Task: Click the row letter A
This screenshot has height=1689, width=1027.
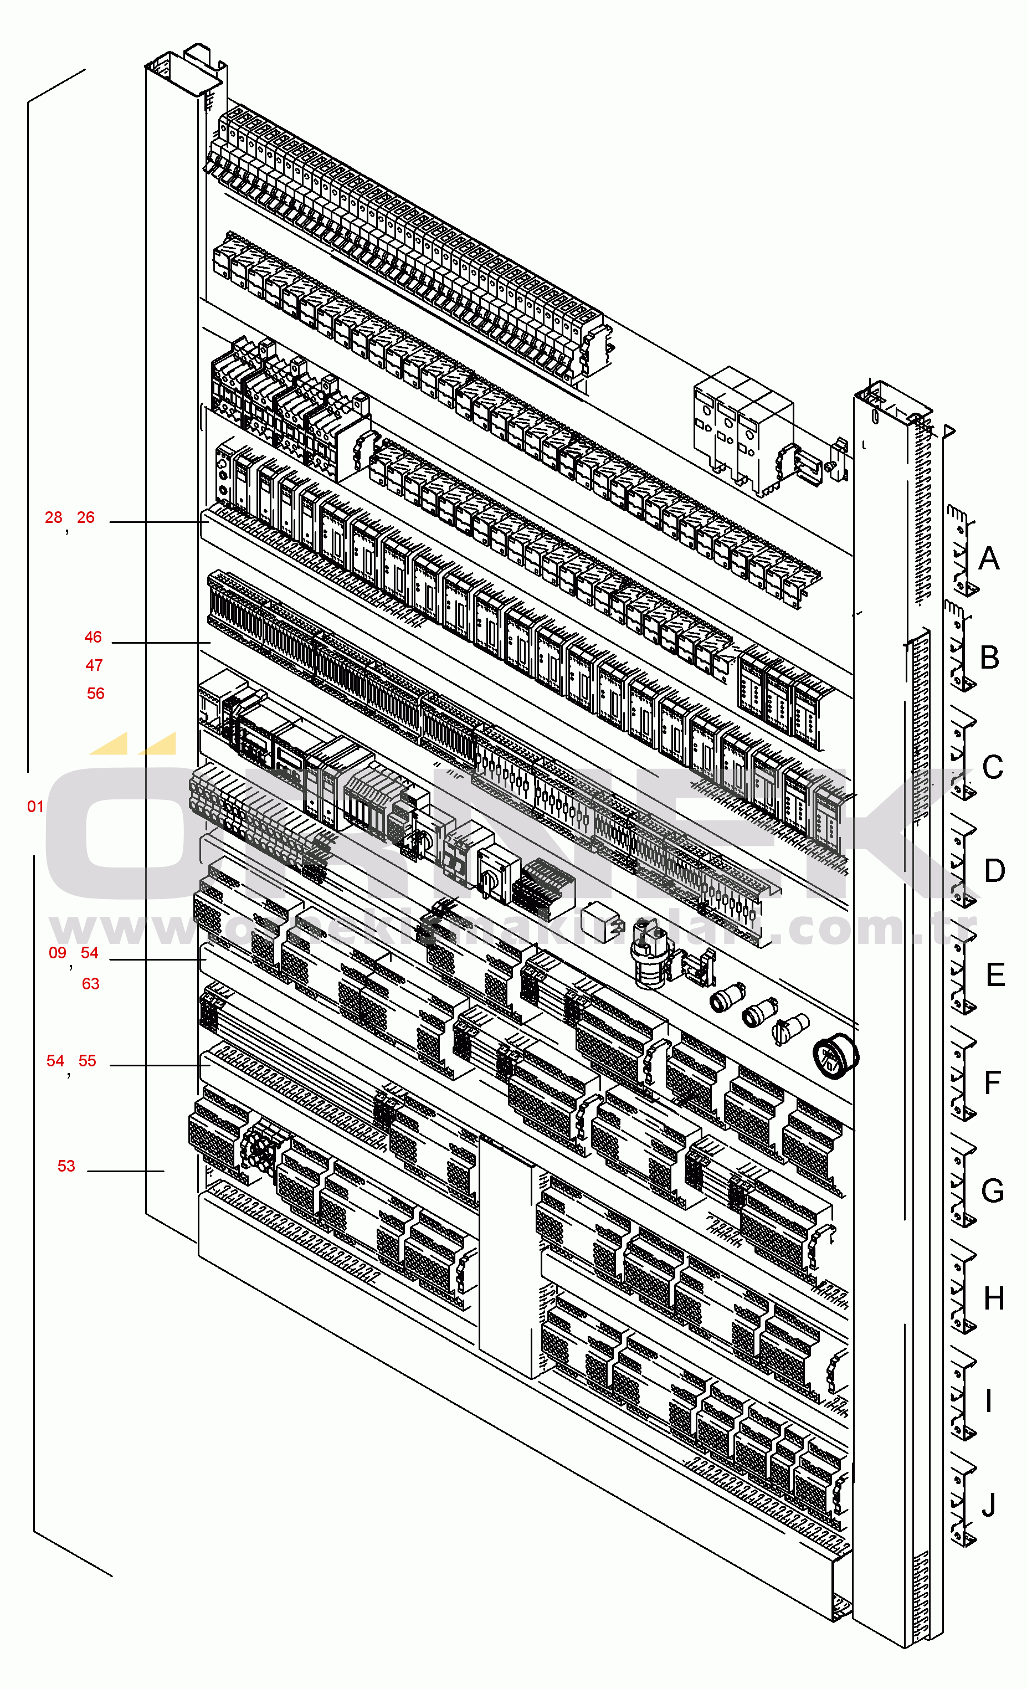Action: (x=988, y=558)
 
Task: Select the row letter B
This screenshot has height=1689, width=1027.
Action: (x=989, y=658)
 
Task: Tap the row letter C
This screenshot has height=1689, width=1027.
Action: (x=992, y=768)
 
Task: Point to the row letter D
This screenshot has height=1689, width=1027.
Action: (x=994, y=871)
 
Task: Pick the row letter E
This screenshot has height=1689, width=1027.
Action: (x=995, y=976)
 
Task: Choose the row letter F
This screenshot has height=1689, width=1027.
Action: (x=992, y=1084)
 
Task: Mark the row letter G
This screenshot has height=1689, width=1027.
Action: (x=992, y=1192)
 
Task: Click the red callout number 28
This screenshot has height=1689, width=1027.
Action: (x=54, y=518)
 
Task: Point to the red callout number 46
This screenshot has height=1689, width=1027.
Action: (x=93, y=638)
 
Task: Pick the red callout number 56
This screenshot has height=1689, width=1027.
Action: (x=95, y=694)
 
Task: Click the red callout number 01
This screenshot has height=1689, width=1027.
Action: (x=35, y=807)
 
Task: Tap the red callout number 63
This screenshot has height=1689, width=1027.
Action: (x=90, y=984)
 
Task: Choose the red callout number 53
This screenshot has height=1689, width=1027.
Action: (x=66, y=1167)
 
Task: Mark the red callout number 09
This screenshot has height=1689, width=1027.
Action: (x=57, y=953)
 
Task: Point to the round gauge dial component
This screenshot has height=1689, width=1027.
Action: (x=834, y=1057)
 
